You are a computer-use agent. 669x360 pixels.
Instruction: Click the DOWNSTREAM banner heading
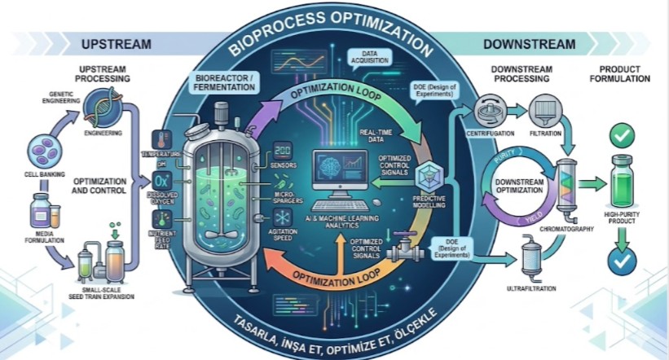[x=530, y=43]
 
